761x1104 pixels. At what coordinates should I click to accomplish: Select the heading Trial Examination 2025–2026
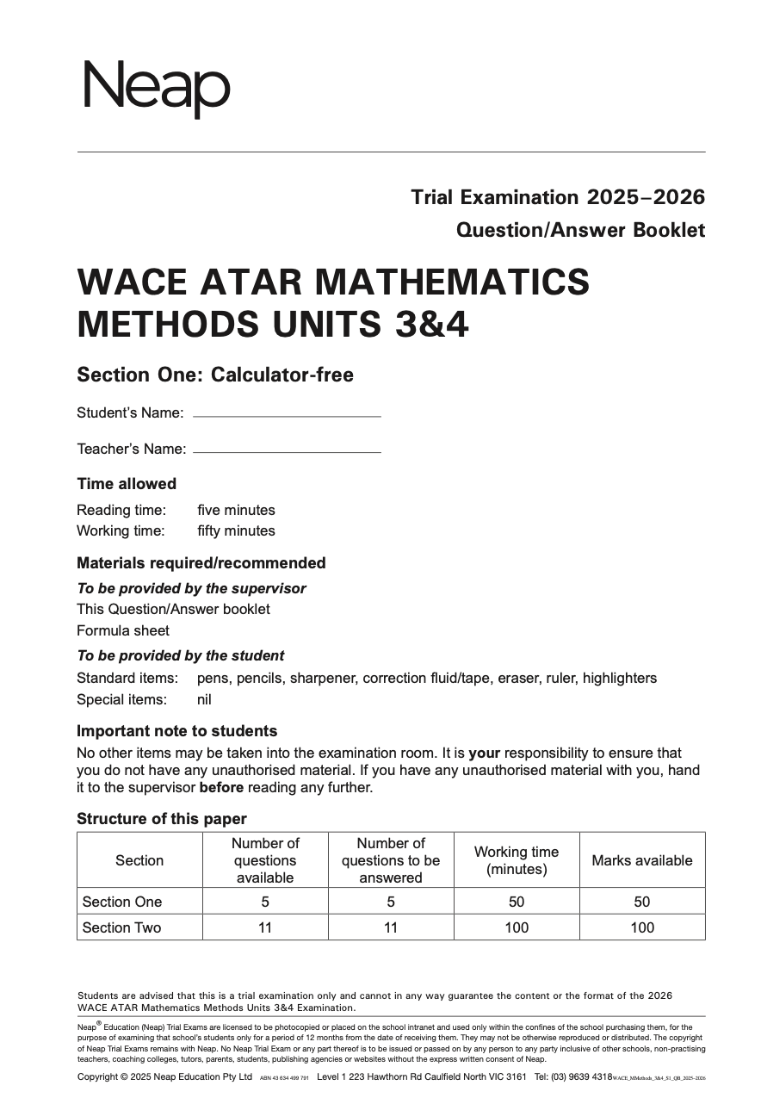point(557,197)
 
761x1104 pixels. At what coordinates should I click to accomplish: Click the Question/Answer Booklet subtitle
point(580,230)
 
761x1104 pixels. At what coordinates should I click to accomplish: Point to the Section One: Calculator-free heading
point(214,375)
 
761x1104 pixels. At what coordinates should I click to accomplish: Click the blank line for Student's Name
point(287,415)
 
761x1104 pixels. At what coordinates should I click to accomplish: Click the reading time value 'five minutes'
point(236,510)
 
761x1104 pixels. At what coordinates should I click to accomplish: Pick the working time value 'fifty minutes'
point(236,530)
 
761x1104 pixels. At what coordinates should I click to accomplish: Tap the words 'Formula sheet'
point(123,630)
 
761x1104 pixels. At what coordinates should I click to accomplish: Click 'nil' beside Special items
point(204,699)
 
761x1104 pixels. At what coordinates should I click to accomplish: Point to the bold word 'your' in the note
point(484,753)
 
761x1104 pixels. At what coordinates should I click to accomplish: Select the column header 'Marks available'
point(641,860)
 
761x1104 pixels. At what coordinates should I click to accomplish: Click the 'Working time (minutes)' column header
point(516,860)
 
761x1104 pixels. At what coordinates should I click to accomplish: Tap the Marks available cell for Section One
point(641,902)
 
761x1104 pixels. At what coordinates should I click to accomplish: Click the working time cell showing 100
point(516,927)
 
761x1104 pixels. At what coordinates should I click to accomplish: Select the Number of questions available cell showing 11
point(265,927)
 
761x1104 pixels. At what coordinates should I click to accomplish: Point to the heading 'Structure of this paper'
point(162,819)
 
